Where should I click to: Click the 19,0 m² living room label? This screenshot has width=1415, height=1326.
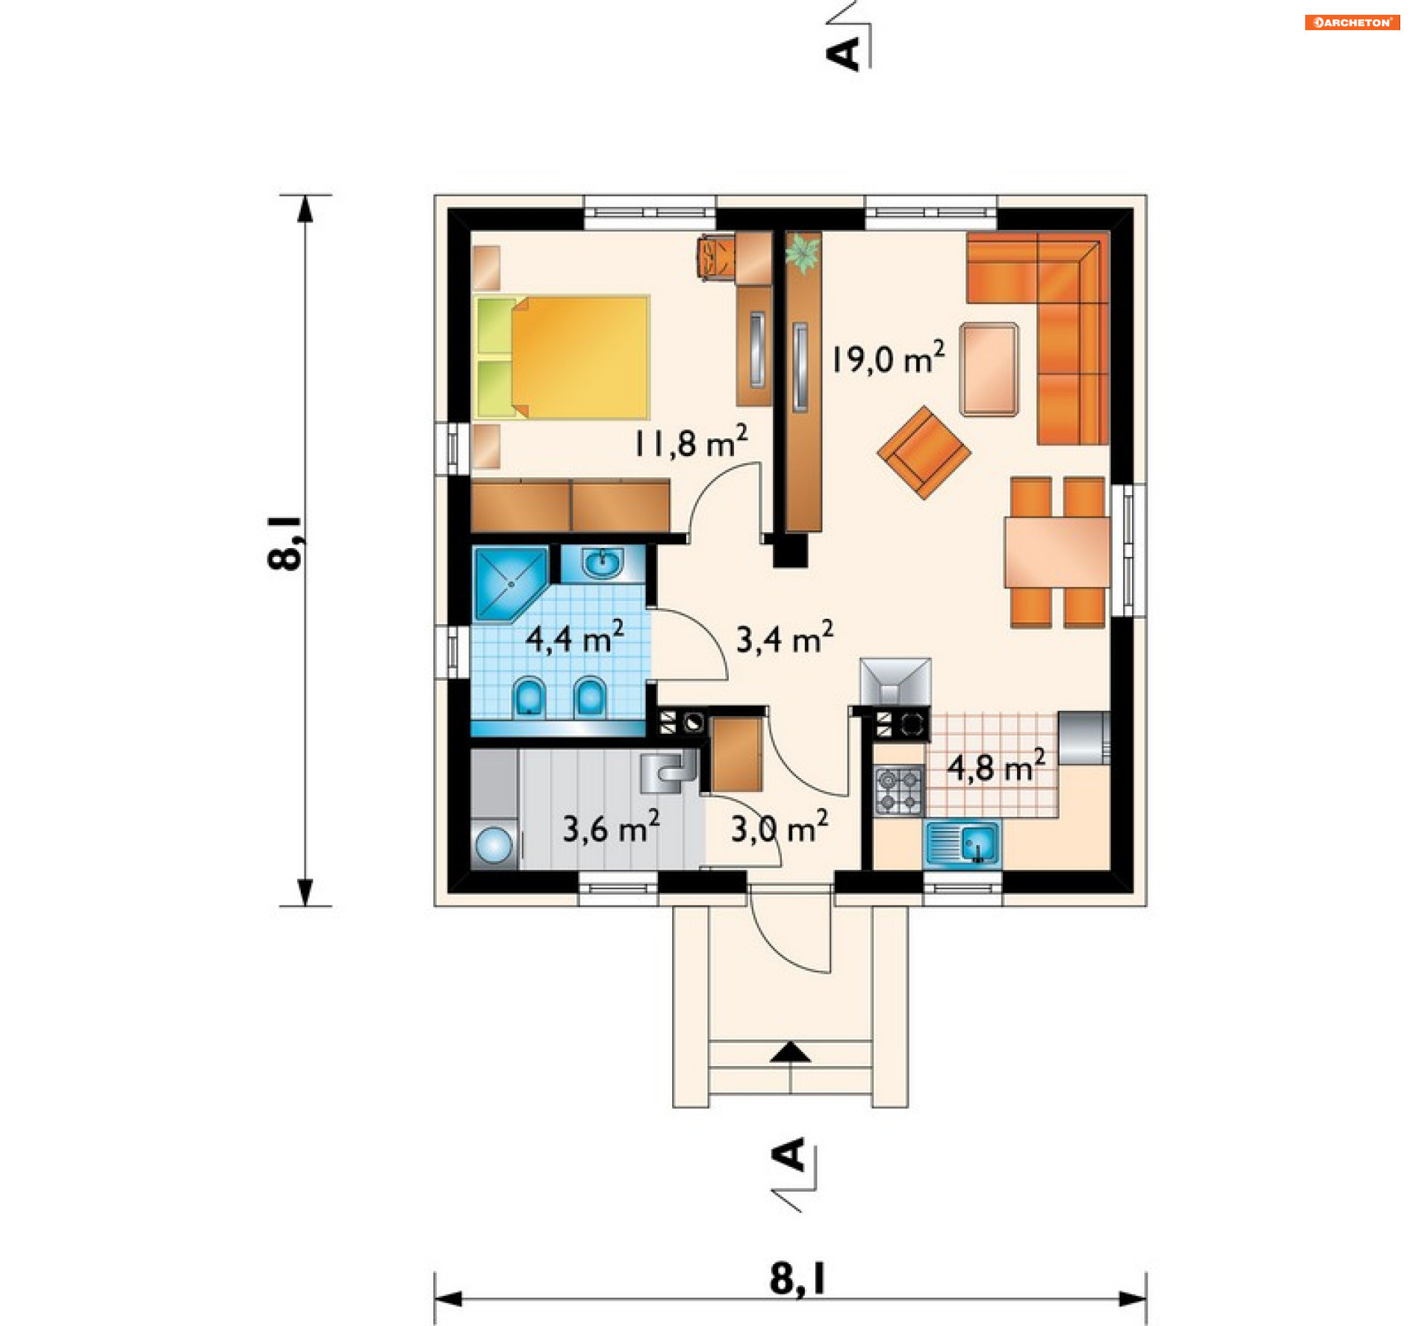pyautogui.click(x=888, y=358)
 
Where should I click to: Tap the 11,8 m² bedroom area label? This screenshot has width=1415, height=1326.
pyautogui.click(x=691, y=442)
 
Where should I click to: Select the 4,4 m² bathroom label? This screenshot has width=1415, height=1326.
pyautogui.click(x=575, y=637)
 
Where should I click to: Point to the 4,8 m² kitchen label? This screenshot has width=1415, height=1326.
pyautogui.click(x=996, y=766)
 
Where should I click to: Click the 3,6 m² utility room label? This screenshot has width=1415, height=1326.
pyautogui.click(x=611, y=827)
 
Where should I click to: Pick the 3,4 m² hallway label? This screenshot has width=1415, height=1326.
pyautogui.click(x=786, y=638)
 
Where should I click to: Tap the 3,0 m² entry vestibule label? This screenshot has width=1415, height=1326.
pyautogui.click(x=780, y=828)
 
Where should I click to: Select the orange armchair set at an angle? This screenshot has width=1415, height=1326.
pyautogui.click(x=923, y=452)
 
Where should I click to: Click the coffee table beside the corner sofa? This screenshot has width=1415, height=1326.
pyautogui.click(x=989, y=369)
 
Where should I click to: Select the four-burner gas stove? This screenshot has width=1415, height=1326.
pyautogui.click(x=898, y=790)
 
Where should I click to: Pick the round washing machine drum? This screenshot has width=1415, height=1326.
pyautogui.click(x=494, y=844)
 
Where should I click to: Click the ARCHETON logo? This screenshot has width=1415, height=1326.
pyautogui.click(x=1352, y=22)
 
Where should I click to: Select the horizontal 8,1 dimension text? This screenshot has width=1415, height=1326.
pyautogui.click(x=798, y=1279)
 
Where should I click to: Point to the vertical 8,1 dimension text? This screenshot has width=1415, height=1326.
pyautogui.click(x=284, y=541)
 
